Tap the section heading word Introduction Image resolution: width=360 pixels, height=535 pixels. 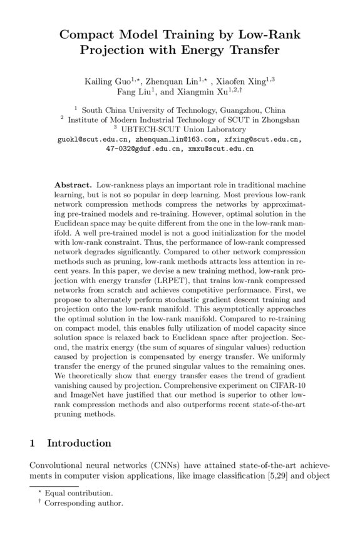pyautogui.click(x=80, y=443)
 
